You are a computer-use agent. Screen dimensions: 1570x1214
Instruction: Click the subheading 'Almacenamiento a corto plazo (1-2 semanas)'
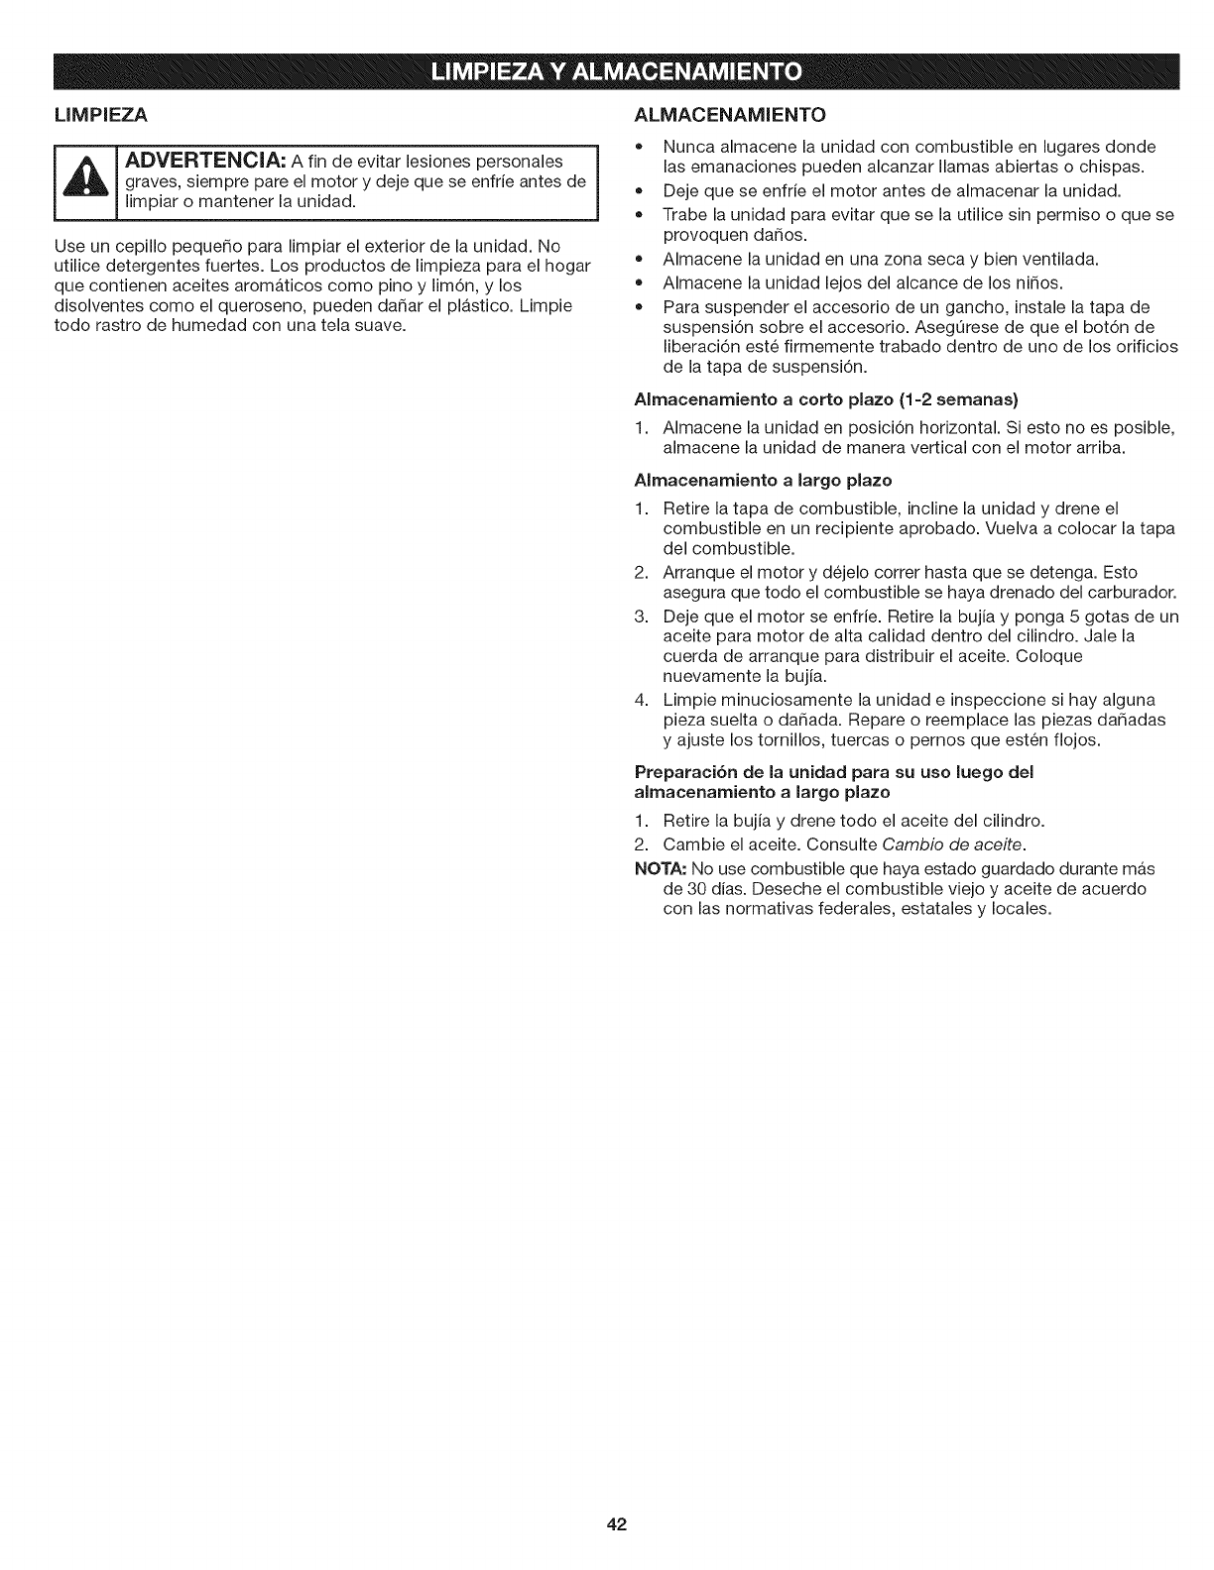pyautogui.click(x=827, y=400)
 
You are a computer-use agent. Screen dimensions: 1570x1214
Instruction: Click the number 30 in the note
pyautogui.click(x=673, y=888)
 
